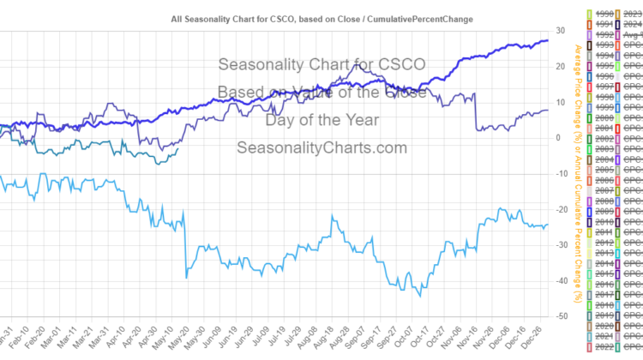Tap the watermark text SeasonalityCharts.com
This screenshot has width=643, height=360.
[321, 147]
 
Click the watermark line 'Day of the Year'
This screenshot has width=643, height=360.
[321, 119]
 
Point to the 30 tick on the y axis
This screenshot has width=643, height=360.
[560, 30]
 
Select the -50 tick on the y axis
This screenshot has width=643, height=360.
[560, 317]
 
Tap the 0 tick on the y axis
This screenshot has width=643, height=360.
[560, 138]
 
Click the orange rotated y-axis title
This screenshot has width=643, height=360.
[580, 171]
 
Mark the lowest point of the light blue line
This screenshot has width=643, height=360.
[420, 296]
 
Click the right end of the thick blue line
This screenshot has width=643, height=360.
[549, 40]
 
